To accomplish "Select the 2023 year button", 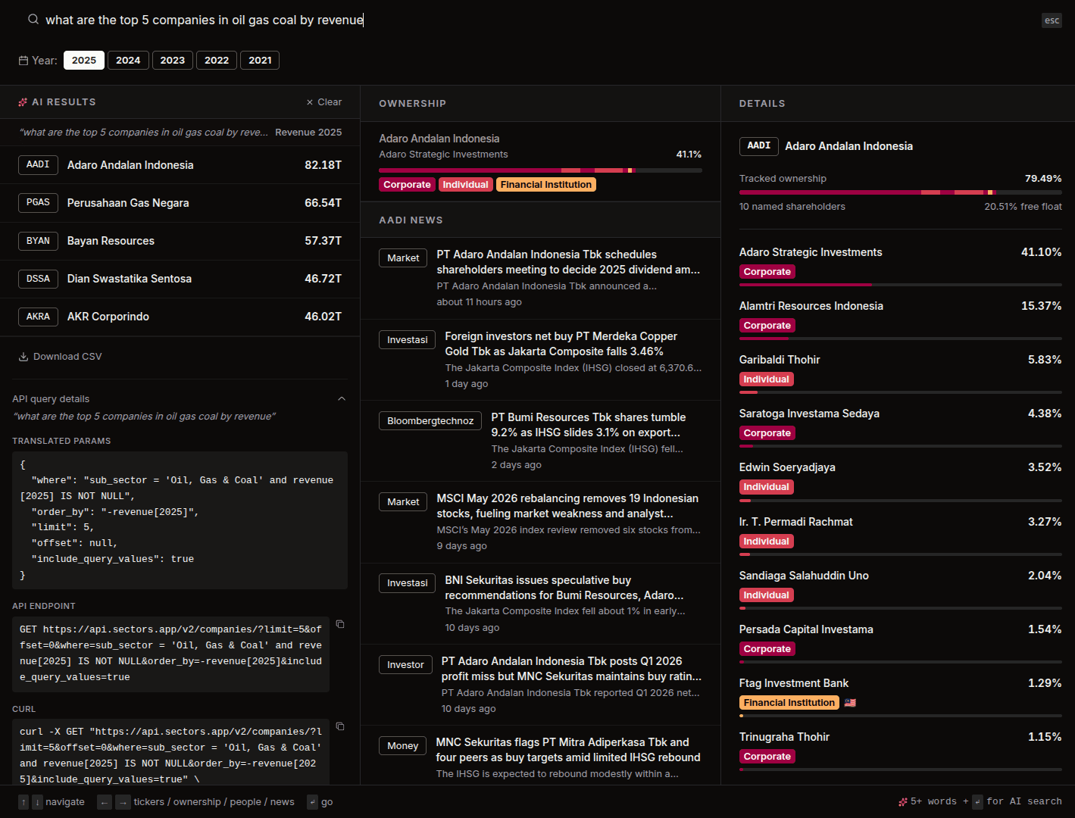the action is (x=173, y=60).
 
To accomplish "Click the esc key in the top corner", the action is (x=1052, y=20).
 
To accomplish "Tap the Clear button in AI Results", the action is (x=323, y=101).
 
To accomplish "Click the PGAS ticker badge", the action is (x=38, y=203).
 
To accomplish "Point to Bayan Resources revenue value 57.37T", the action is (x=323, y=241).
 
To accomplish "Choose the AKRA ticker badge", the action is (x=38, y=317).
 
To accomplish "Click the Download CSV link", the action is (x=61, y=357).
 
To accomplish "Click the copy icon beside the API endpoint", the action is (x=340, y=624).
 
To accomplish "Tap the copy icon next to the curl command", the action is (x=340, y=726).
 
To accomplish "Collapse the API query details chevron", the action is (x=342, y=399).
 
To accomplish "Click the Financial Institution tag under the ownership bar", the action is (x=546, y=185).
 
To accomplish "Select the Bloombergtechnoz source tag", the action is (x=430, y=421).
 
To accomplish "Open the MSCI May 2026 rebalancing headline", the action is (x=567, y=506).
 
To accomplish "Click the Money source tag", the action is (x=402, y=746).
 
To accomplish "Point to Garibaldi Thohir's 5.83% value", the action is (x=1045, y=360).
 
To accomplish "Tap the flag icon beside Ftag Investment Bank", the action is (x=850, y=703).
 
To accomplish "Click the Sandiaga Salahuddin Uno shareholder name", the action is (x=804, y=576).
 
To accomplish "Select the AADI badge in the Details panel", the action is (x=758, y=146).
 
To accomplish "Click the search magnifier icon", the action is (x=33, y=20).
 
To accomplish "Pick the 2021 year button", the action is (x=260, y=60).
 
